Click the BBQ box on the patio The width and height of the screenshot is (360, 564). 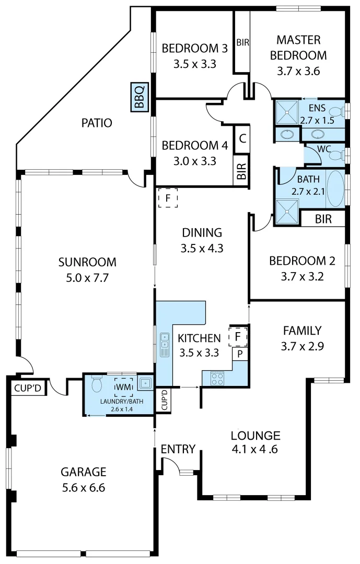tap(139, 97)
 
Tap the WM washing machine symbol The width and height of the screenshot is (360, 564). tap(123, 387)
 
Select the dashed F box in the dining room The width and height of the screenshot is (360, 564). tap(168, 198)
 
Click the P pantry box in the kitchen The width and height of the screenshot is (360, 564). tap(240, 354)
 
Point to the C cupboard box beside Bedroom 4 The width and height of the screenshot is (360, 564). tap(242, 139)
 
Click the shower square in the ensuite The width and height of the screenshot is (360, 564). tap(286, 112)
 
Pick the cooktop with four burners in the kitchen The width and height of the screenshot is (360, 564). tap(217, 378)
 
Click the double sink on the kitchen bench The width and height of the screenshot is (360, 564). tap(165, 341)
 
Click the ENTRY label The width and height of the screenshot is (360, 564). tap(178, 449)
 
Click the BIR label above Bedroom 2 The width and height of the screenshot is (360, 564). tap(323, 219)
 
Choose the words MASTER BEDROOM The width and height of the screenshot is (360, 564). tap(298, 48)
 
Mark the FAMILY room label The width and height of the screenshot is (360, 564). tap(302, 330)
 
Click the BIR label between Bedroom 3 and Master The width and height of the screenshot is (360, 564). tap(242, 43)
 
